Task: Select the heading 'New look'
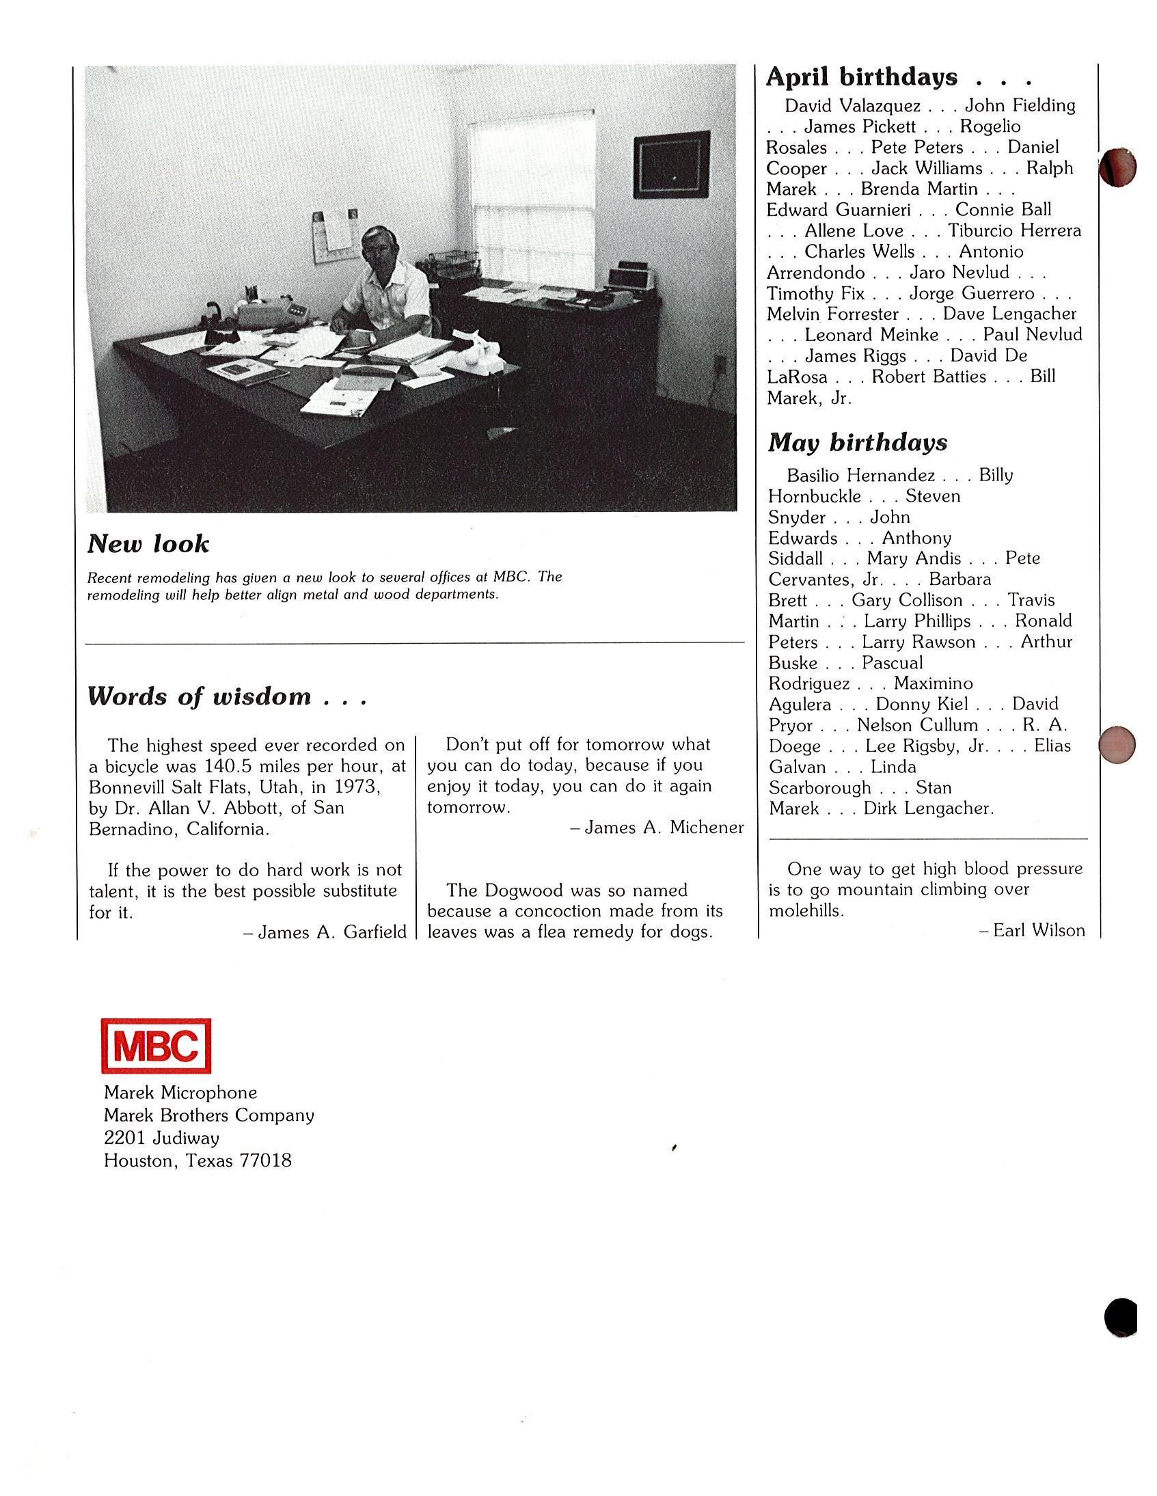[x=148, y=544]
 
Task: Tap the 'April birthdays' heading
[x=861, y=77]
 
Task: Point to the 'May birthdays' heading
[x=857, y=442]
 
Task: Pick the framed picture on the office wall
[x=670, y=165]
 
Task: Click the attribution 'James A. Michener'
[x=664, y=828]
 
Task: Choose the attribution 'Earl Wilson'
[x=1039, y=930]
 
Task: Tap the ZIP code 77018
[x=265, y=1160]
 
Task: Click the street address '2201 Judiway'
[x=161, y=1138]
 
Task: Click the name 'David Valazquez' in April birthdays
[x=852, y=106]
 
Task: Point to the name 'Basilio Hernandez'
[x=860, y=476]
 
